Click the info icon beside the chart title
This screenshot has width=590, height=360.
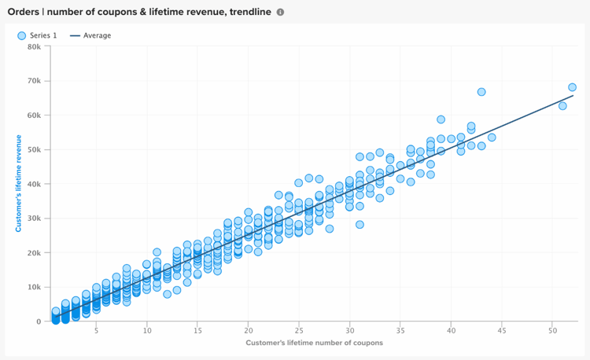click(280, 12)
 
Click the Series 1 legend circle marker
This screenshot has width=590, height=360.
click(21, 35)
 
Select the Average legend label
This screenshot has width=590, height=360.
click(98, 35)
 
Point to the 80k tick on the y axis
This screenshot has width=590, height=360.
click(34, 46)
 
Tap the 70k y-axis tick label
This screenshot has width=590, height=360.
click(34, 81)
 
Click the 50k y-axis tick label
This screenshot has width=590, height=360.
click(34, 149)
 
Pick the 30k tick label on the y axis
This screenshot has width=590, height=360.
click(34, 219)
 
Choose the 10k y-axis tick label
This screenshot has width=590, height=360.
click(34, 287)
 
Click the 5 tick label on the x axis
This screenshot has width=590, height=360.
click(96, 331)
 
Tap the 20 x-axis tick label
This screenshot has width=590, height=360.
click(248, 331)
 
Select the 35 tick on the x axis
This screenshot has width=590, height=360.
click(400, 331)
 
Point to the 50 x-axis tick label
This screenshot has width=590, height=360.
click(551, 331)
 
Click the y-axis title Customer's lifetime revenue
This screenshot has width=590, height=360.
click(17, 184)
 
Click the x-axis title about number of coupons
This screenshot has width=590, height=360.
click(314, 343)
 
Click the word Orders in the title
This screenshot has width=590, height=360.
click(23, 12)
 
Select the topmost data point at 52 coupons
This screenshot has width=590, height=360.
click(572, 87)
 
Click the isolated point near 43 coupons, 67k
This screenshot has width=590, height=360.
click(481, 92)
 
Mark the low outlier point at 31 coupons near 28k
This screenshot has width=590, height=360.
click(360, 224)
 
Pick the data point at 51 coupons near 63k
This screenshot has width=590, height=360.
click(562, 105)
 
